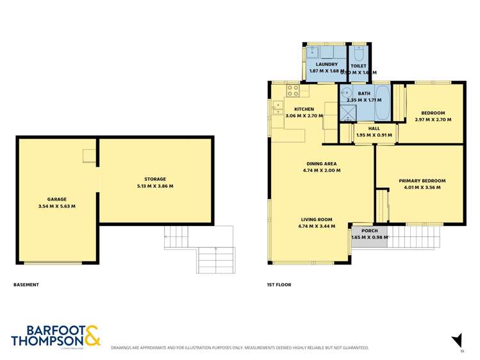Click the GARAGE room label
[x=56, y=199]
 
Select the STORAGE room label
[x=155, y=179]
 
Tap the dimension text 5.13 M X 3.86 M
[x=155, y=186]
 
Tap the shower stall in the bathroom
[x=347, y=114]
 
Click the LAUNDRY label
[x=326, y=64]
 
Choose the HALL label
[x=374, y=128]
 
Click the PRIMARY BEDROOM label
[x=422, y=181]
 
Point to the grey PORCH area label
[x=369, y=231]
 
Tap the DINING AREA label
[x=321, y=163]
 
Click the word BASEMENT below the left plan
[x=26, y=284]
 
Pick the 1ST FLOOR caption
[x=279, y=284]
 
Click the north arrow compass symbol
[x=457, y=340]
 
